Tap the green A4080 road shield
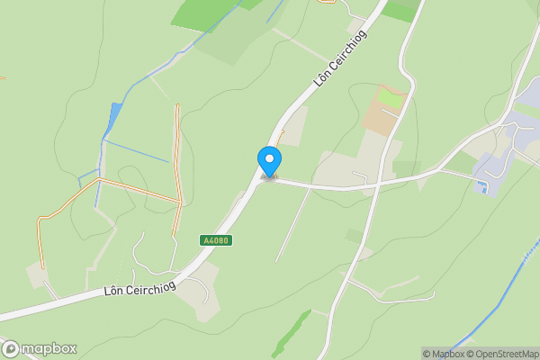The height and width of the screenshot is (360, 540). point(216,240)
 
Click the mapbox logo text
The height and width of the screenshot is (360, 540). point(49,348)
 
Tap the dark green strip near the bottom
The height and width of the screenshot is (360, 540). point(291,333)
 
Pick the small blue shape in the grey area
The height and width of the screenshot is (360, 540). point(485,187)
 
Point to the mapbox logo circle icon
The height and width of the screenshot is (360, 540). point(11,348)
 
